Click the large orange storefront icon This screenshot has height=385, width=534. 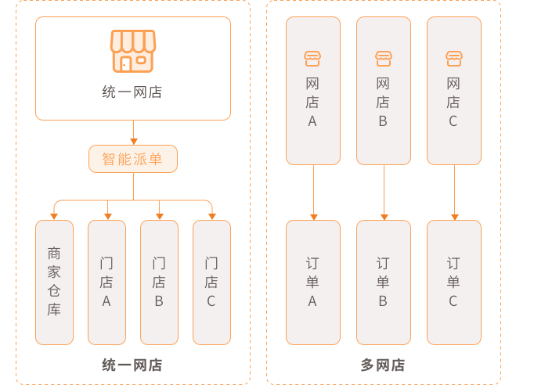132,51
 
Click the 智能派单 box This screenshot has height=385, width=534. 133,159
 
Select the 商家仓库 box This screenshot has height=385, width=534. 54,282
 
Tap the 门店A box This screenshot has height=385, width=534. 106,282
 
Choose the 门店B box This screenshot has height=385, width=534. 159,282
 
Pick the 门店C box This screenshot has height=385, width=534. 211,282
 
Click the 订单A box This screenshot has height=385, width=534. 312,282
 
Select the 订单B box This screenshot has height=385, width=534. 383,282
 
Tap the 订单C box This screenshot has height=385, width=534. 453,282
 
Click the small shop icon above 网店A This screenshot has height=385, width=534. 312,59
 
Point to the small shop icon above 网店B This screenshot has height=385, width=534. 383,59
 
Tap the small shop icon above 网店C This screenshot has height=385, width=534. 453,59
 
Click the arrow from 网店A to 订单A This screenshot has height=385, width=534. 313,192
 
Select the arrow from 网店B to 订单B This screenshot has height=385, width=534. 384,192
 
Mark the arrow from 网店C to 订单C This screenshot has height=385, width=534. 454,192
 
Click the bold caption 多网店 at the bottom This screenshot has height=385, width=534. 383,365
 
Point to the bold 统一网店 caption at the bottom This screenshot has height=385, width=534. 132,365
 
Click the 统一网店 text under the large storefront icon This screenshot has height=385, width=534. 132,92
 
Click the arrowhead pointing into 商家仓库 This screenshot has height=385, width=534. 54,216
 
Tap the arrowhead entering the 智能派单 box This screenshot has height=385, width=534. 133,142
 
